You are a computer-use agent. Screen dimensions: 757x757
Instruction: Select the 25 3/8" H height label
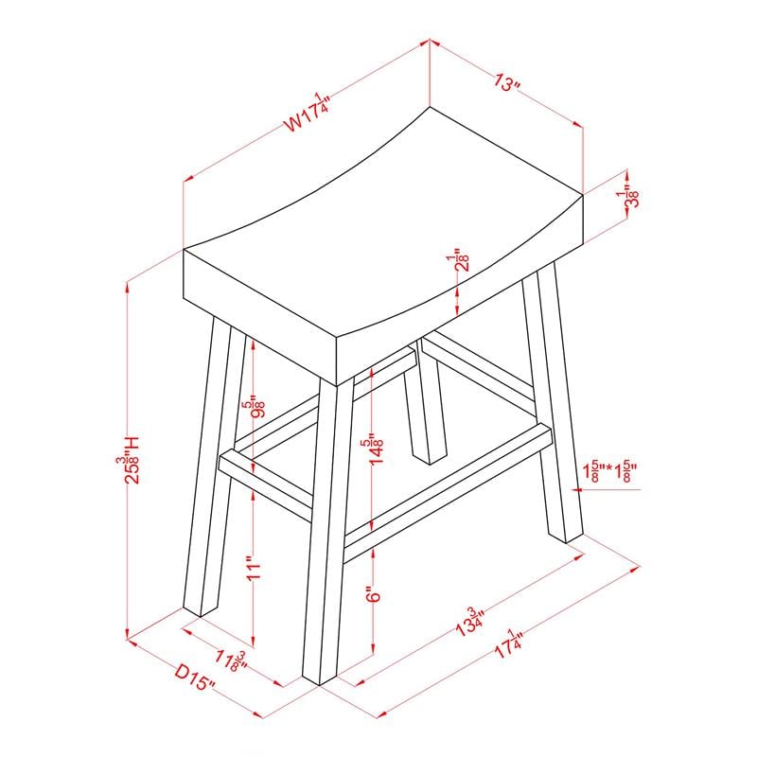click(128, 460)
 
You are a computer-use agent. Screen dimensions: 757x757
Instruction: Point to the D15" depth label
click(195, 678)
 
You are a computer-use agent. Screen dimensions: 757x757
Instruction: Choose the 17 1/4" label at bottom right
click(508, 643)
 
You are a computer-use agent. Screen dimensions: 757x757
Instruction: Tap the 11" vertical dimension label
click(253, 571)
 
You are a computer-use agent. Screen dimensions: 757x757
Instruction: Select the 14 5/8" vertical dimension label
click(375, 451)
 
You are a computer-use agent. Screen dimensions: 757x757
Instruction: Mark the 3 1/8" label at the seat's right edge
click(627, 196)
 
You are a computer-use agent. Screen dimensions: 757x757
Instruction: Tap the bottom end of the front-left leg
click(192, 610)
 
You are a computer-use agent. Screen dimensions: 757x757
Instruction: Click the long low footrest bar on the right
click(448, 494)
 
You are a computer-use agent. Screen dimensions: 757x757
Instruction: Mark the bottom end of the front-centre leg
click(320, 679)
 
